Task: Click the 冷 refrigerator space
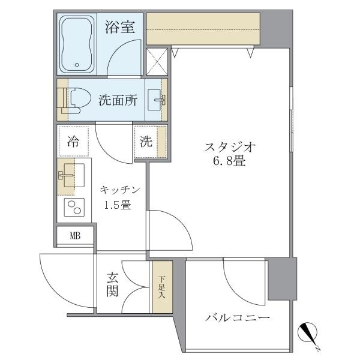pyautogui.click(x=73, y=142)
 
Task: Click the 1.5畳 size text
pyautogui.click(x=118, y=205)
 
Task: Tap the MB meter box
pyautogui.click(x=75, y=235)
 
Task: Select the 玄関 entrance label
pyautogui.click(x=113, y=284)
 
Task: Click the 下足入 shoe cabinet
pyautogui.click(x=161, y=286)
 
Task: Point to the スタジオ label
pyautogui.click(x=230, y=147)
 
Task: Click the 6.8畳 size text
pyautogui.click(x=230, y=162)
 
